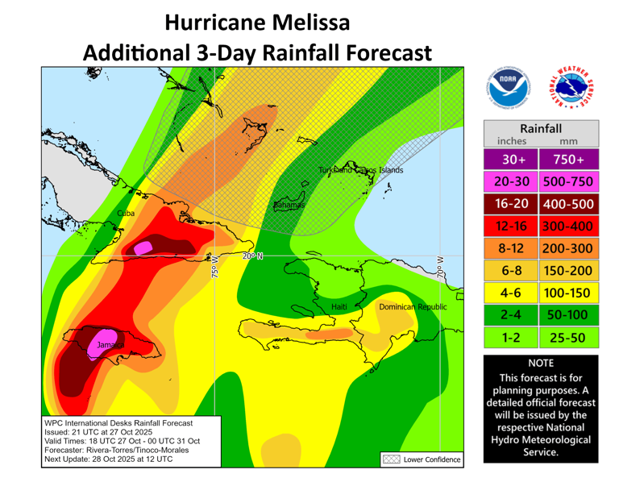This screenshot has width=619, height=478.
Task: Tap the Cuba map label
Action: point(127,213)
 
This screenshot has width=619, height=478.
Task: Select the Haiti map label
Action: point(340,307)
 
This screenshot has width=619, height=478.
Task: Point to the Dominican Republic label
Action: point(412,307)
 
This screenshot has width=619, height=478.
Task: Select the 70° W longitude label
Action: point(439,267)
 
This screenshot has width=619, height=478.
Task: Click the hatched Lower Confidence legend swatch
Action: point(391,459)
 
